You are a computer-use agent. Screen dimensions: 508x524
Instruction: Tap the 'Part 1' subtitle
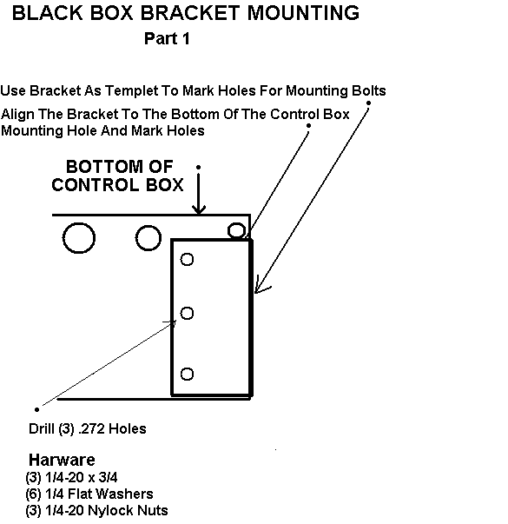(167, 38)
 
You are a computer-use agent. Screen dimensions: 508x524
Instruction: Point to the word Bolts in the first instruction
(369, 90)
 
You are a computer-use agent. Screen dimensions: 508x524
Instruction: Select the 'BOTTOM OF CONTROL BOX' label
(117, 176)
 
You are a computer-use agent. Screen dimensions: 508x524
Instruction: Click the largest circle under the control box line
(79, 238)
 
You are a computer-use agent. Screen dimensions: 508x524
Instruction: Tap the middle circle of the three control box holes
(148, 238)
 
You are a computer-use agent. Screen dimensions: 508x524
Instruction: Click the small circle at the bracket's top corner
(236, 230)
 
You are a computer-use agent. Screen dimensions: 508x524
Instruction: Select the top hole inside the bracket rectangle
(187, 259)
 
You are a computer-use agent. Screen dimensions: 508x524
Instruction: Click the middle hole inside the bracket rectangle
(187, 313)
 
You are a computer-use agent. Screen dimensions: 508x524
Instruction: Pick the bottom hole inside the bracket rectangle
(187, 374)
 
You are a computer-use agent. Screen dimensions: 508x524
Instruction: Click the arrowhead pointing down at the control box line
(199, 210)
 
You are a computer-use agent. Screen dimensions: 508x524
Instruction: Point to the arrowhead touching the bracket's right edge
(261, 286)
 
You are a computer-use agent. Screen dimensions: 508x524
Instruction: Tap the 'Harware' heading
(62, 460)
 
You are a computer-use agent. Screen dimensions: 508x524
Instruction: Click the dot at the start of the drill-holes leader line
(36, 409)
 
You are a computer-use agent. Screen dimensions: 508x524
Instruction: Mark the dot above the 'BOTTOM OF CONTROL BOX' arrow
(198, 167)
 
